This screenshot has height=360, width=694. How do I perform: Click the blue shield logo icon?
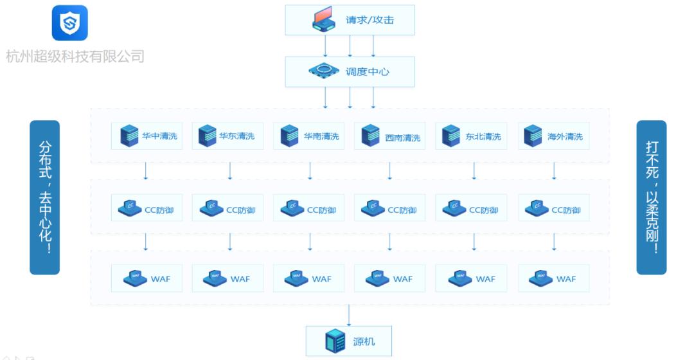click(69, 24)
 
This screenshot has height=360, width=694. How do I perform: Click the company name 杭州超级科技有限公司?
click(75, 57)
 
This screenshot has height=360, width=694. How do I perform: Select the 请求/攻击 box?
click(350, 20)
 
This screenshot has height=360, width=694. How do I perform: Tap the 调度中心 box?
click(350, 71)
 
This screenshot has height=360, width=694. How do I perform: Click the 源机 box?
click(348, 341)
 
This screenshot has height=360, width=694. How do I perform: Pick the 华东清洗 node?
click(227, 136)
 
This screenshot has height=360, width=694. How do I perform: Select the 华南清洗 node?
click(309, 136)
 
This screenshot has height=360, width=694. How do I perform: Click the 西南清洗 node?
click(389, 136)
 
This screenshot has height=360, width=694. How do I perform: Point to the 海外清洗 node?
click(553, 136)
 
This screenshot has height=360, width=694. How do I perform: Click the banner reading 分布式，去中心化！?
click(44, 197)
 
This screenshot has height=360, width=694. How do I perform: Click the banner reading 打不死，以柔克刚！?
click(651, 197)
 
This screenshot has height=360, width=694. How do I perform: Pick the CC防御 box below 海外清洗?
click(553, 209)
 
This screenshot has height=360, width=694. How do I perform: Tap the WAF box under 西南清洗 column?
click(389, 278)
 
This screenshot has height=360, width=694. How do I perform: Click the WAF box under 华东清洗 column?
click(227, 278)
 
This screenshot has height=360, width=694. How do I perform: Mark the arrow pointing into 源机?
click(349, 314)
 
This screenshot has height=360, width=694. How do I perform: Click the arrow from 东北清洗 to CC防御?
click(474, 170)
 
